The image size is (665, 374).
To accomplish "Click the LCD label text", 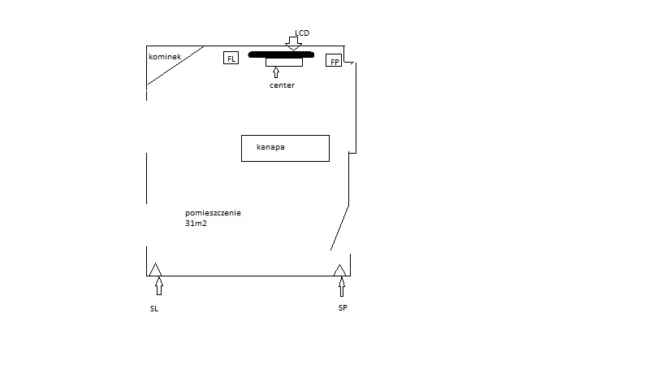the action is (x=302, y=33).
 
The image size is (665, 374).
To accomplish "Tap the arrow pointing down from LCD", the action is (x=293, y=44).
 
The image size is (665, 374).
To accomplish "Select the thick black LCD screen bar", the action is (x=281, y=54).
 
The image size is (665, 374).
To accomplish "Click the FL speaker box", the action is (x=231, y=58).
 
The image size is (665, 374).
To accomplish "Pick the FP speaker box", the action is (x=334, y=60).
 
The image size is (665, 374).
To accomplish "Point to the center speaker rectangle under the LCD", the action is (x=284, y=63).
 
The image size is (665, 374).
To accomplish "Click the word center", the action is (x=282, y=85).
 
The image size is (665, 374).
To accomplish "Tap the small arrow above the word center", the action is (x=276, y=72).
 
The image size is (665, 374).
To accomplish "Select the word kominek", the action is (x=165, y=56).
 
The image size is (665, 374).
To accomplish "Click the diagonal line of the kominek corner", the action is (x=175, y=65).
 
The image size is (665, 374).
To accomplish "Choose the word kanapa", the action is (x=270, y=147).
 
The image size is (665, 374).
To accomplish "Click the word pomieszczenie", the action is (x=213, y=213).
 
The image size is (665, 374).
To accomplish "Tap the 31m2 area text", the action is (x=196, y=224).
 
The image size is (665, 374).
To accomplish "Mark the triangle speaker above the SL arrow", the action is (x=155, y=270).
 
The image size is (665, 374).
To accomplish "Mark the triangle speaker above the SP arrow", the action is (x=339, y=271).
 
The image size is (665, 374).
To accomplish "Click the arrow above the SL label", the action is (x=159, y=286).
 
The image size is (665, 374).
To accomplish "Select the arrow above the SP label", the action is (x=342, y=287).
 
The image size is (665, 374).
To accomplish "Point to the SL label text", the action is (x=154, y=309).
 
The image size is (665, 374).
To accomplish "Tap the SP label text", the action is (x=343, y=308).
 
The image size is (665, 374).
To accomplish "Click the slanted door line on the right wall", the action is (x=339, y=228).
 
